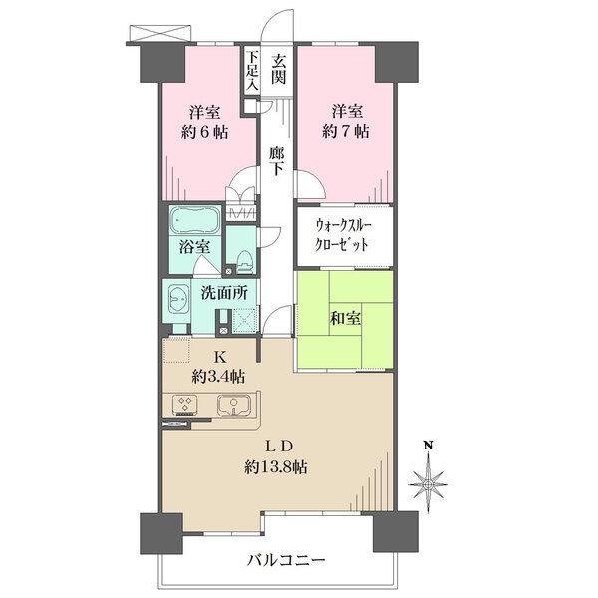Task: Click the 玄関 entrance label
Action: click(278, 69)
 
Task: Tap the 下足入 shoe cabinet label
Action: click(252, 71)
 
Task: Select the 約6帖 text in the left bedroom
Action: click(204, 132)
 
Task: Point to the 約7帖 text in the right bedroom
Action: click(346, 132)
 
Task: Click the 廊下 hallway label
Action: click(276, 160)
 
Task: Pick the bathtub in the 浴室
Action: click(195, 220)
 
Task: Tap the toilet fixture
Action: click(245, 262)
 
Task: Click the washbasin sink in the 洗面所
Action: click(177, 298)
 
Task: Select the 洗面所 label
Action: click(224, 293)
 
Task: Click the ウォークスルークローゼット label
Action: click(343, 235)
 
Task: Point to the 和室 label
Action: click(345, 318)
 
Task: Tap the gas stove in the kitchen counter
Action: click(185, 405)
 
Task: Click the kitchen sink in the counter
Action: click(234, 405)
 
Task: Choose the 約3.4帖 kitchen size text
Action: click(218, 377)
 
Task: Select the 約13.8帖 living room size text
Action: click(276, 466)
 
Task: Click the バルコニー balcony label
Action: click(286, 560)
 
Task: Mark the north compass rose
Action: click(428, 484)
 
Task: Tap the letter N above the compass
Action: click(429, 446)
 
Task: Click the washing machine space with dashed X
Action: click(244, 321)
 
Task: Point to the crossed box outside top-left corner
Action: click(160, 33)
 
